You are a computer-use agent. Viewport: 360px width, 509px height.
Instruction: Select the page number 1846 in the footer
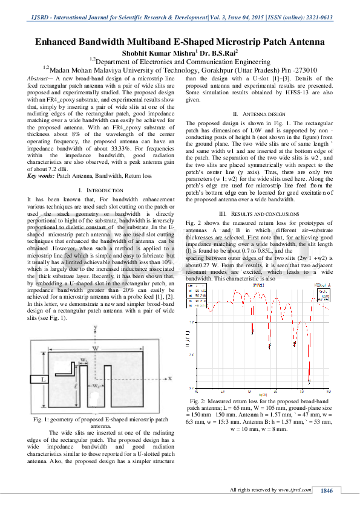tap(327, 490)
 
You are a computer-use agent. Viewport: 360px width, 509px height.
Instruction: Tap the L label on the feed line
tap(44, 379)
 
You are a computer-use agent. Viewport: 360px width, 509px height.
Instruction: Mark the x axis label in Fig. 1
tap(171, 378)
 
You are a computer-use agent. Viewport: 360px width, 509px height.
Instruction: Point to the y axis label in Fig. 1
tap(97, 327)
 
